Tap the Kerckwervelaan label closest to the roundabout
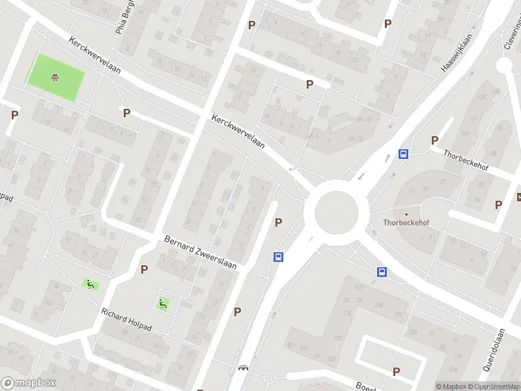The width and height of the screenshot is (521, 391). pyautogui.click(x=238, y=132)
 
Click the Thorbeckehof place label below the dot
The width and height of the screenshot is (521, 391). pyautogui.click(x=406, y=223)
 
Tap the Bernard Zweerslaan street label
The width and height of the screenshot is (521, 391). pyautogui.click(x=200, y=252)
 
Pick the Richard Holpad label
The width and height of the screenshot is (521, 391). pyautogui.click(x=126, y=319)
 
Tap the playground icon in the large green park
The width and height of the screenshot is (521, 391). pyautogui.click(x=55, y=78)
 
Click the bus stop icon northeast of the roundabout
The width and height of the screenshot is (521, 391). pyautogui.click(x=404, y=154)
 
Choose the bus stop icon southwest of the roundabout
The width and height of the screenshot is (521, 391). pyautogui.click(x=278, y=257)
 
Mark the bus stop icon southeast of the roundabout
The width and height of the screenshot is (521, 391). pyautogui.click(x=382, y=272)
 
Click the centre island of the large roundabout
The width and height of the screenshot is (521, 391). pyautogui.click(x=337, y=212)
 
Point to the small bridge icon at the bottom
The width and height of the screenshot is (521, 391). pyautogui.click(x=244, y=368)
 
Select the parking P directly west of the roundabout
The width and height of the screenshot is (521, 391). pyautogui.click(x=279, y=222)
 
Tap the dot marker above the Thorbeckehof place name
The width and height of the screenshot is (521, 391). pyautogui.click(x=406, y=214)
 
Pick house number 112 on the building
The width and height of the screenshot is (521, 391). pyautogui.click(x=357, y=287)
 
